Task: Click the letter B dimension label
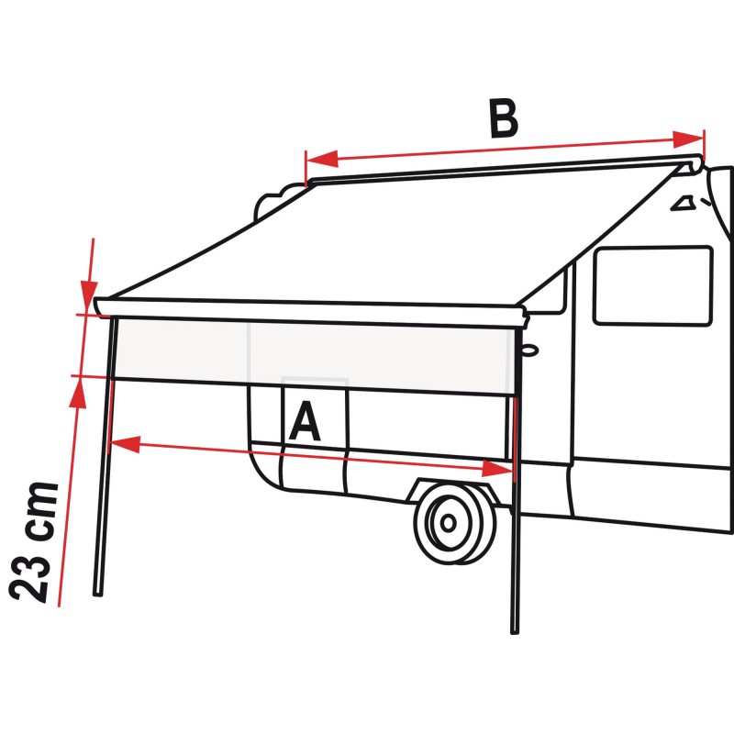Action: [x=503, y=118]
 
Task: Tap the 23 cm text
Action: [x=34, y=541]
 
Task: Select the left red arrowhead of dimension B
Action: [x=322, y=159]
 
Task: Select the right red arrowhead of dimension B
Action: [x=687, y=139]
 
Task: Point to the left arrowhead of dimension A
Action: [x=125, y=444]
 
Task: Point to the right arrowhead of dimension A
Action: [x=497, y=469]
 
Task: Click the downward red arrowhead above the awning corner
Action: [x=89, y=295]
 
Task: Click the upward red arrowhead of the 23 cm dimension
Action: [x=78, y=393]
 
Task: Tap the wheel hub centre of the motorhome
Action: [x=449, y=523]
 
